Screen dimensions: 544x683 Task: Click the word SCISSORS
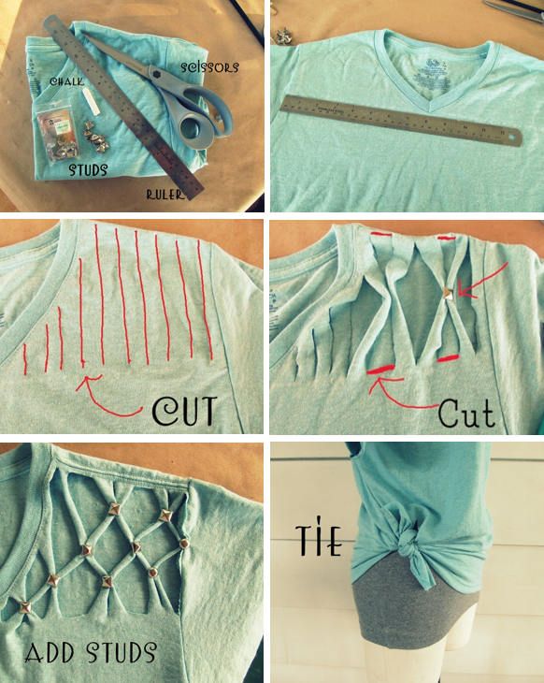tap(209, 67)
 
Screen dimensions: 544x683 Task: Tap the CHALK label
tap(66, 81)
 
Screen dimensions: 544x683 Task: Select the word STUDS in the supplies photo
tap(88, 169)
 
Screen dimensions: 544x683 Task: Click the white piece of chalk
tap(93, 103)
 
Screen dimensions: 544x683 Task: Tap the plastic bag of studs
tap(57, 133)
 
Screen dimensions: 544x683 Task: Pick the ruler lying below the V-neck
tap(400, 121)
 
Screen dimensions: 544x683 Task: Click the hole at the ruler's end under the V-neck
tap(514, 138)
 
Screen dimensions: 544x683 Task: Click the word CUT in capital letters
tap(184, 411)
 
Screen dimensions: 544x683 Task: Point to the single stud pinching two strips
tap(448, 295)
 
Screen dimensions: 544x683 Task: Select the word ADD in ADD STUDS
tap(50, 652)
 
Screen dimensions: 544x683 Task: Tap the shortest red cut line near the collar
tap(25, 358)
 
